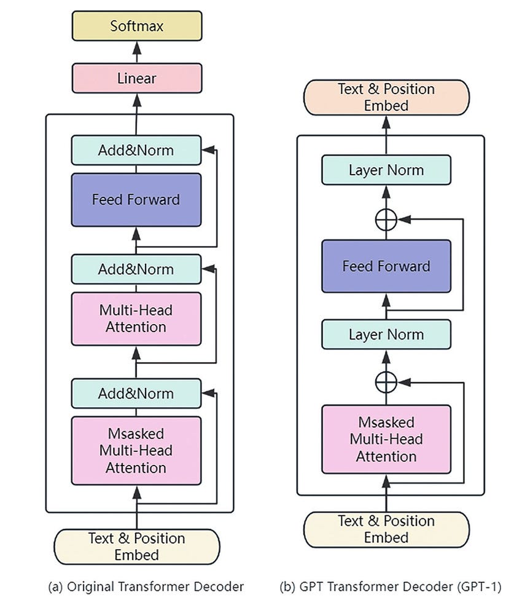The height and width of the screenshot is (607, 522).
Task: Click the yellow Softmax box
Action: coord(136,26)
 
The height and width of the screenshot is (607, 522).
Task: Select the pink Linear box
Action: coord(136,78)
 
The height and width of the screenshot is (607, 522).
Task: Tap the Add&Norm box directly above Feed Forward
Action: coord(136,150)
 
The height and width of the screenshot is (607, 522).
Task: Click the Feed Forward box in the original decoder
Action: coord(136,199)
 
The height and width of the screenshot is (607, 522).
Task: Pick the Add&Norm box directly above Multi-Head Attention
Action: coord(136,269)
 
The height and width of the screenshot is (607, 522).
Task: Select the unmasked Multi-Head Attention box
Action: coord(136,318)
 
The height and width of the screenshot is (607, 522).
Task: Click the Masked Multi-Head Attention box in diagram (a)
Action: coord(136,450)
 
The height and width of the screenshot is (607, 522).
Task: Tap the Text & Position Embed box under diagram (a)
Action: coord(136,546)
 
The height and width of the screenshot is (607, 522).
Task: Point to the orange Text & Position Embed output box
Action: coord(386,97)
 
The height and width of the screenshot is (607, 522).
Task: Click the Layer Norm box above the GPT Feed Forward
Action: coord(386,170)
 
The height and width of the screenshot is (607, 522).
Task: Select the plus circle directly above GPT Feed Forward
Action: coord(386,218)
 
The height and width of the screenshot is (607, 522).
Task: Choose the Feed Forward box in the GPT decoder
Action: coord(386,266)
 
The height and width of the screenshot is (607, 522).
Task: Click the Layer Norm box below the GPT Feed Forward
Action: coord(386,335)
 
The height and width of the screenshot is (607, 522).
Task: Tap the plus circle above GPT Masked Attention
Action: coord(386,382)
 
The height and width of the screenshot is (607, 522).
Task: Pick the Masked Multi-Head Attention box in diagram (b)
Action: coord(386,439)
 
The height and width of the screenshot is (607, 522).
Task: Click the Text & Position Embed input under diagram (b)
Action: coord(386,529)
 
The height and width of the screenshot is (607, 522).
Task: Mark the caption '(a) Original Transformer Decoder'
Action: coord(146,587)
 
